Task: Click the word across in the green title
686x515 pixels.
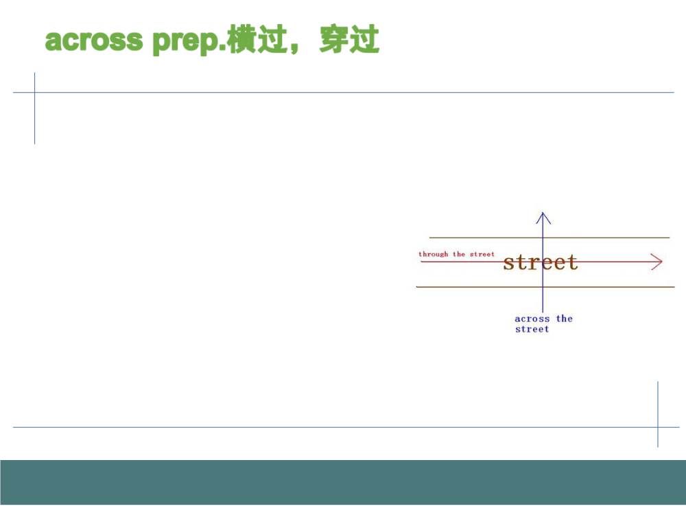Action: pyautogui.click(x=93, y=41)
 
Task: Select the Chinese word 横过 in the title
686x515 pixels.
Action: pyautogui.click(x=257, y=40)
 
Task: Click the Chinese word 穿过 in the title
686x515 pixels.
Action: pyautogui.click(x=349, y=39)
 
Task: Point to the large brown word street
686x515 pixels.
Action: pyautogui.click(x=541, y=262)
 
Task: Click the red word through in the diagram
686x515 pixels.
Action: pyautogui.click(x=433, y=254)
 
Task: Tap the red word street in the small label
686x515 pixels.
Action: pyautogui.click(x=482, y=254)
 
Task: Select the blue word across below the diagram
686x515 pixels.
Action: pyautogui.click(x=532, y=319)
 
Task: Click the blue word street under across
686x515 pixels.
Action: pyautogui.click(x=532, y=330)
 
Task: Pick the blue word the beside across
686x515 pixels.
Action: pyautogui.click(x=565, y=319)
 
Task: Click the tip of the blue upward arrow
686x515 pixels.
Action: pyautogui.click(x=543, y=212)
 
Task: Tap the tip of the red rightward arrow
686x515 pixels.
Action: pyautogui.click(x=663, y=262)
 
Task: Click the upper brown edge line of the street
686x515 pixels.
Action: pyautogui.click(x=549, y=238)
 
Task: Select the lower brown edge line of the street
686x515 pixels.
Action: pyautogui.click(x=545, y=287)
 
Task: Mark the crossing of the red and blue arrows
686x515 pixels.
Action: pyautogui.click(x=543, y=262)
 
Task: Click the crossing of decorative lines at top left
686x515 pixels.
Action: pyautogui.click(x=34, y=93)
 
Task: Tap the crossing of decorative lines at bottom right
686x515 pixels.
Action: pyautogui.click(x=658, y=427)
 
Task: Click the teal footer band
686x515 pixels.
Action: pyautogui.click(x=343, y=482)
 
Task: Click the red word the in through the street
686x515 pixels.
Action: pyautogui.click(x=459, y=254)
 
